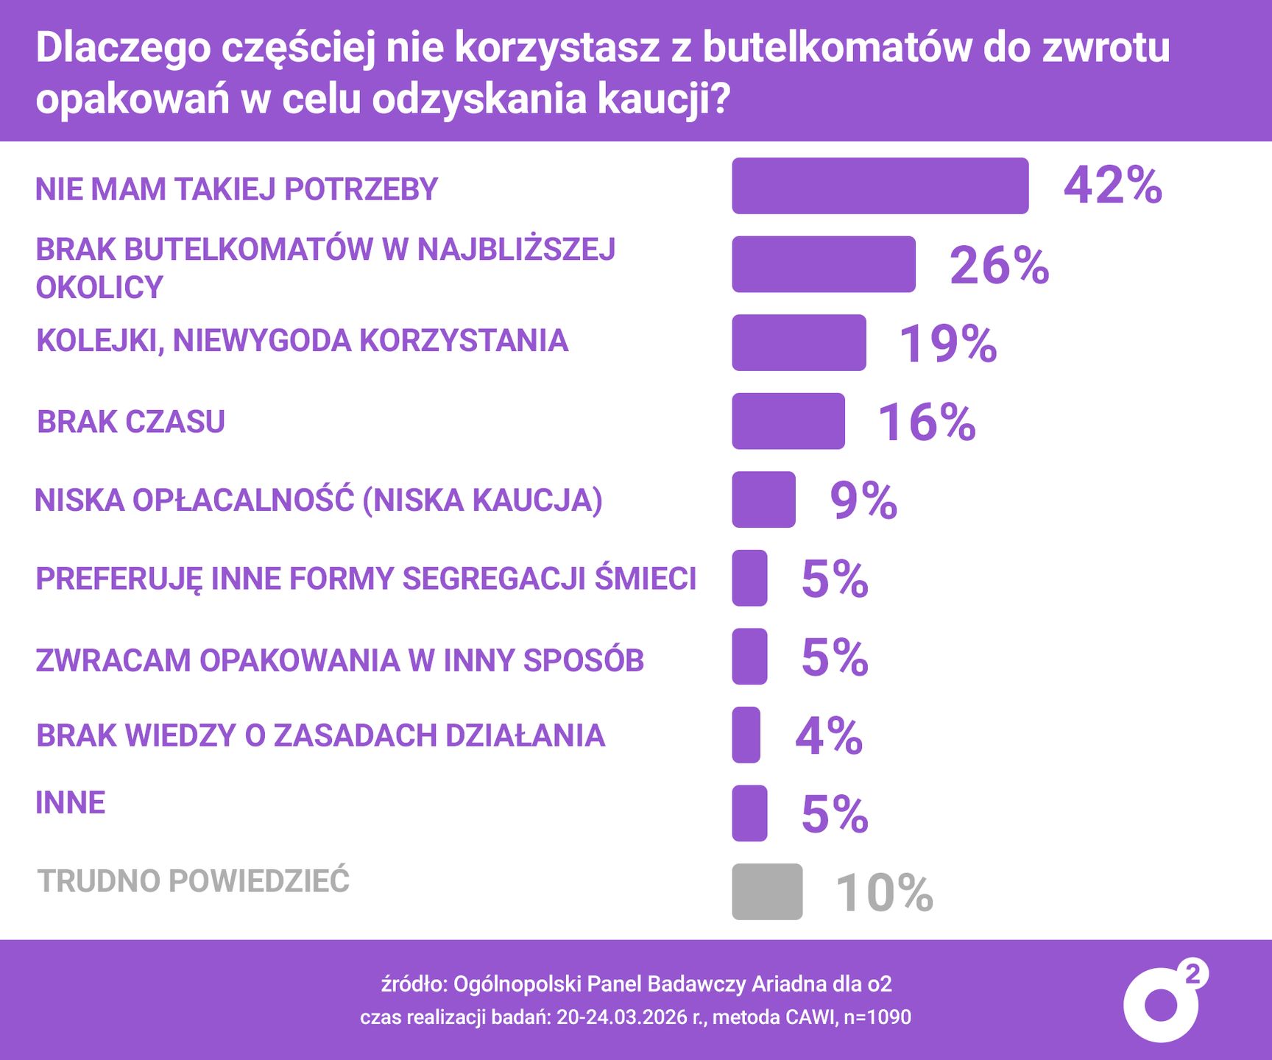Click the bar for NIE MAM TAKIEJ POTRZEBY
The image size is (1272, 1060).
880,185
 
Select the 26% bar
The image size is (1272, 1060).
823,264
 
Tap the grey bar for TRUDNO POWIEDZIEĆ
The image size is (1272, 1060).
767,891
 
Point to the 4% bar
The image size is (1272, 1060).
746,735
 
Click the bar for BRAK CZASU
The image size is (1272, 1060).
788,421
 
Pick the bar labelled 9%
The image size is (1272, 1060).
763,500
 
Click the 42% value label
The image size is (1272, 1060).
1112,185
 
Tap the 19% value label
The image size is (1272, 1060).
947,343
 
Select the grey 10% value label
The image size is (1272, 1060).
884,893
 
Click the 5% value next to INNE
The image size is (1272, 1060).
834,814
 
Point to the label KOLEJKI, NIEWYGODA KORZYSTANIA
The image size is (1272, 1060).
303,341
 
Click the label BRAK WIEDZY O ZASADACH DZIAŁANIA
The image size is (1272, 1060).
320,735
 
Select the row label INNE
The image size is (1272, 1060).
71,802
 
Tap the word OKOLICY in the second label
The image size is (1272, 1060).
99,287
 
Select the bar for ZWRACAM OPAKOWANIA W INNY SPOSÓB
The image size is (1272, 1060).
749,657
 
